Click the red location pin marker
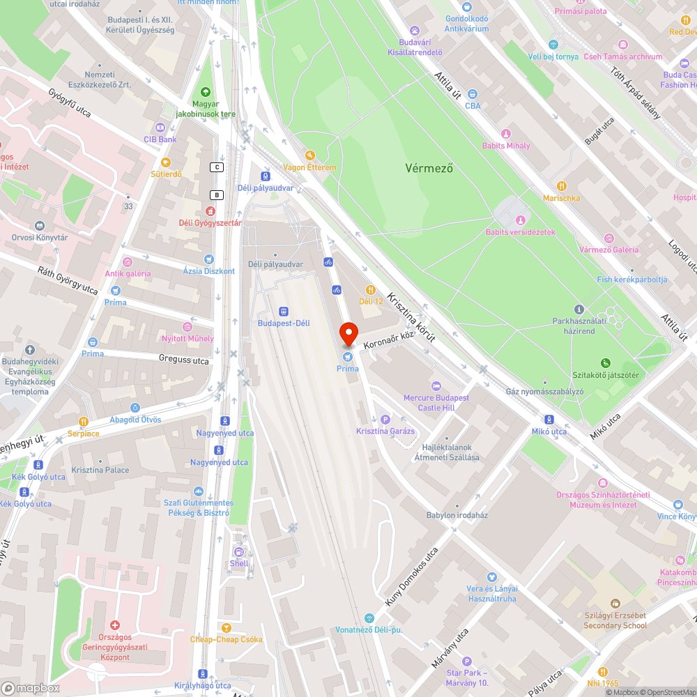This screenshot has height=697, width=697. [x=348, y=334]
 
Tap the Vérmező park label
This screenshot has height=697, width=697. [x=429, y=168]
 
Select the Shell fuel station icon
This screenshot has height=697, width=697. [x=238, y=552]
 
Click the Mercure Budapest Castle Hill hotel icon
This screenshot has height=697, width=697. [x=436, y=386]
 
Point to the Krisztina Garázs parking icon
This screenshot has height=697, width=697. [x=385, y=419]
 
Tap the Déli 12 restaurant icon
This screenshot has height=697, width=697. [x=371, y=289]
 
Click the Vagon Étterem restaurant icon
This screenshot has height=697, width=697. [x=309, y=155]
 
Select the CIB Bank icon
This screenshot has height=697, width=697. [x=160, y=128]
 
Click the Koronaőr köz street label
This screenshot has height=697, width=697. [x=388, y=336]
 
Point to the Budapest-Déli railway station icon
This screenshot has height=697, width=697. [x=283, y=311]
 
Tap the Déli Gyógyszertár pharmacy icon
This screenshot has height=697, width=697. [x=210, y=211]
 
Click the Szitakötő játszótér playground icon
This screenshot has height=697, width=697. [x=605, y=363]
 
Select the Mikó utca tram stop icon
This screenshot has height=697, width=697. [x=549, y=420]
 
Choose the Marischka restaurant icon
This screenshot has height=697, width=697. [x=562, y=186]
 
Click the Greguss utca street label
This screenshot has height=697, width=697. [x=183, y=361]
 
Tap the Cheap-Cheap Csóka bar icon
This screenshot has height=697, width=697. [x=226, y=627]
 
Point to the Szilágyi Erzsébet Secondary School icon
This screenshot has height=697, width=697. [x=615, y=604]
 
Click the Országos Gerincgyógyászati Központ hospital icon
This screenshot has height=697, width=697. [x=115, y=626]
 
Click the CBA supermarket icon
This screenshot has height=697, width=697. [x=473, y=94]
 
